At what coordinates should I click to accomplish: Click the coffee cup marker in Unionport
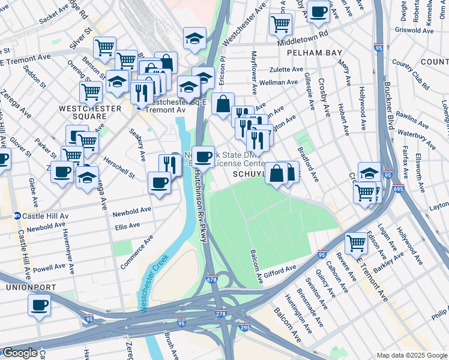(x=40, y=305)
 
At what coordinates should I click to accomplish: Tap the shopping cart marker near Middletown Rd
(x=280, y=23)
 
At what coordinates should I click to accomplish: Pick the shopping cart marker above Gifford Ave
(x=357, y=243)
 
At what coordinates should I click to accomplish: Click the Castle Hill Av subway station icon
(x=18, y=215)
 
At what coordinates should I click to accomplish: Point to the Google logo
(x=20, y=353)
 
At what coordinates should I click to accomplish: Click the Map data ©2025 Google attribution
(x=412, y=355)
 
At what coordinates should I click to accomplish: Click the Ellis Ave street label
(x=127, y=226)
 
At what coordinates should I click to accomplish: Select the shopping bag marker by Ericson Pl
(x=223, y=103)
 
